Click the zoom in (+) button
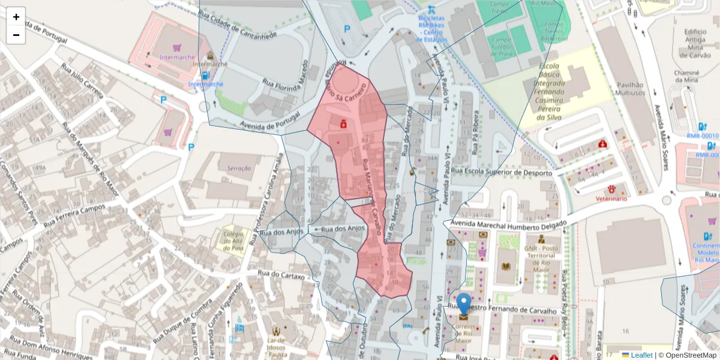tap(16, 17)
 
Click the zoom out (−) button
tap(16, 35)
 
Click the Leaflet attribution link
tap(641, 355)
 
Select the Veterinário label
tap(611, 198)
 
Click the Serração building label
tap(239, 169)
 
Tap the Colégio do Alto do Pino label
tap(233, 240)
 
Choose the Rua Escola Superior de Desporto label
tap(502, 173)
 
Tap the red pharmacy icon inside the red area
tap(343, 124)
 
